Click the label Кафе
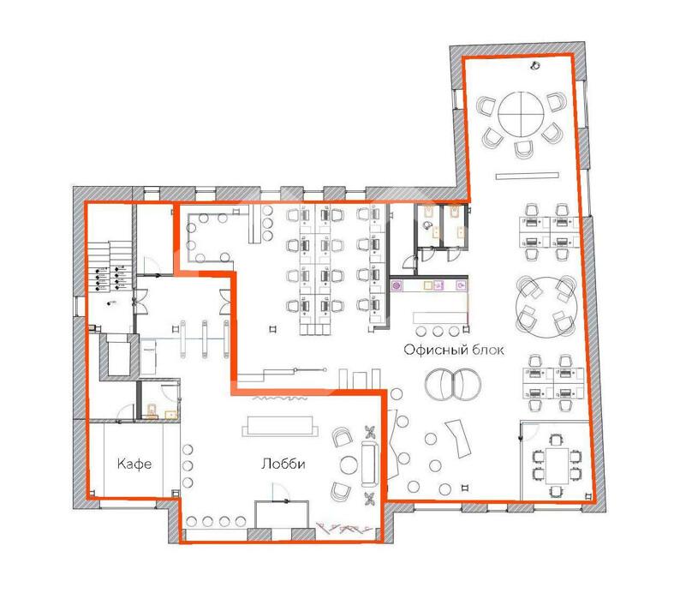(x=134, y=464)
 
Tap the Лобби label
(x=283, y=464)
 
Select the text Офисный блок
(x=454, y=350)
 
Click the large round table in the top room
(x=521, y=114)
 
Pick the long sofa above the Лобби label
(x=280, y=426)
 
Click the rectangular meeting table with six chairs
(x=557, y=465)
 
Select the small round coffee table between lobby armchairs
(x=349, y=464)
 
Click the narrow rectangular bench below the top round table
(x=527, y=176)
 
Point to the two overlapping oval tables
(x=453, y=384)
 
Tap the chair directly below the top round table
(x=524, y=150)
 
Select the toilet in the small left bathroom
(x=152, y=411)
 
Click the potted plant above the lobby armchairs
(x=369, y=431)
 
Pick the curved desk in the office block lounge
(x=458, y=439)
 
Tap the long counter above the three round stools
(x=439, y=318)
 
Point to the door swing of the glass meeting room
(x=529, y=431)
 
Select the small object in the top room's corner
(x=534, y=66)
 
